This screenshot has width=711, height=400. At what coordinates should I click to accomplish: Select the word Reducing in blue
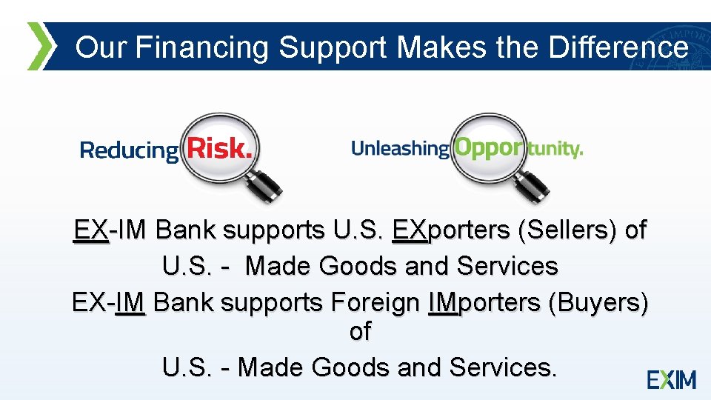tap(129, 151)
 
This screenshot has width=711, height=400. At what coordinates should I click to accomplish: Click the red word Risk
tap(219, 148)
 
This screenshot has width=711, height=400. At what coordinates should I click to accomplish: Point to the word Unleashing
tap(399, 149)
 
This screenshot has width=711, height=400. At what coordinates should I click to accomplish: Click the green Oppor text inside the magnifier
tap(488, 147)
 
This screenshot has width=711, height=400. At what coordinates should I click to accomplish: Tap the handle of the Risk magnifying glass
tap(265, 184)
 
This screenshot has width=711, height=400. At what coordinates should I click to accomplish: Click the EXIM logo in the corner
tap(672, 380)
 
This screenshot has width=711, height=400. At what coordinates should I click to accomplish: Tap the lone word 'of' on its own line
tap(360, 332)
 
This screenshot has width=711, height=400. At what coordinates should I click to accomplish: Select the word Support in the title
tap(333, 48)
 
